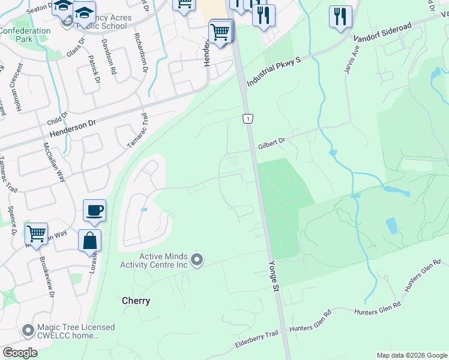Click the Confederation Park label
point(25,35)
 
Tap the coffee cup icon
point(94,211)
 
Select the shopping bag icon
point(89,241)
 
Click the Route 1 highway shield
point(247,119)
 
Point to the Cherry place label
point(136,301)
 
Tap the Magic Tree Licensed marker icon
point(28,331)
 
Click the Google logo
point(20,352)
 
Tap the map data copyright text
point(412,355)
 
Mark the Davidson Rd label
point(109,56)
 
